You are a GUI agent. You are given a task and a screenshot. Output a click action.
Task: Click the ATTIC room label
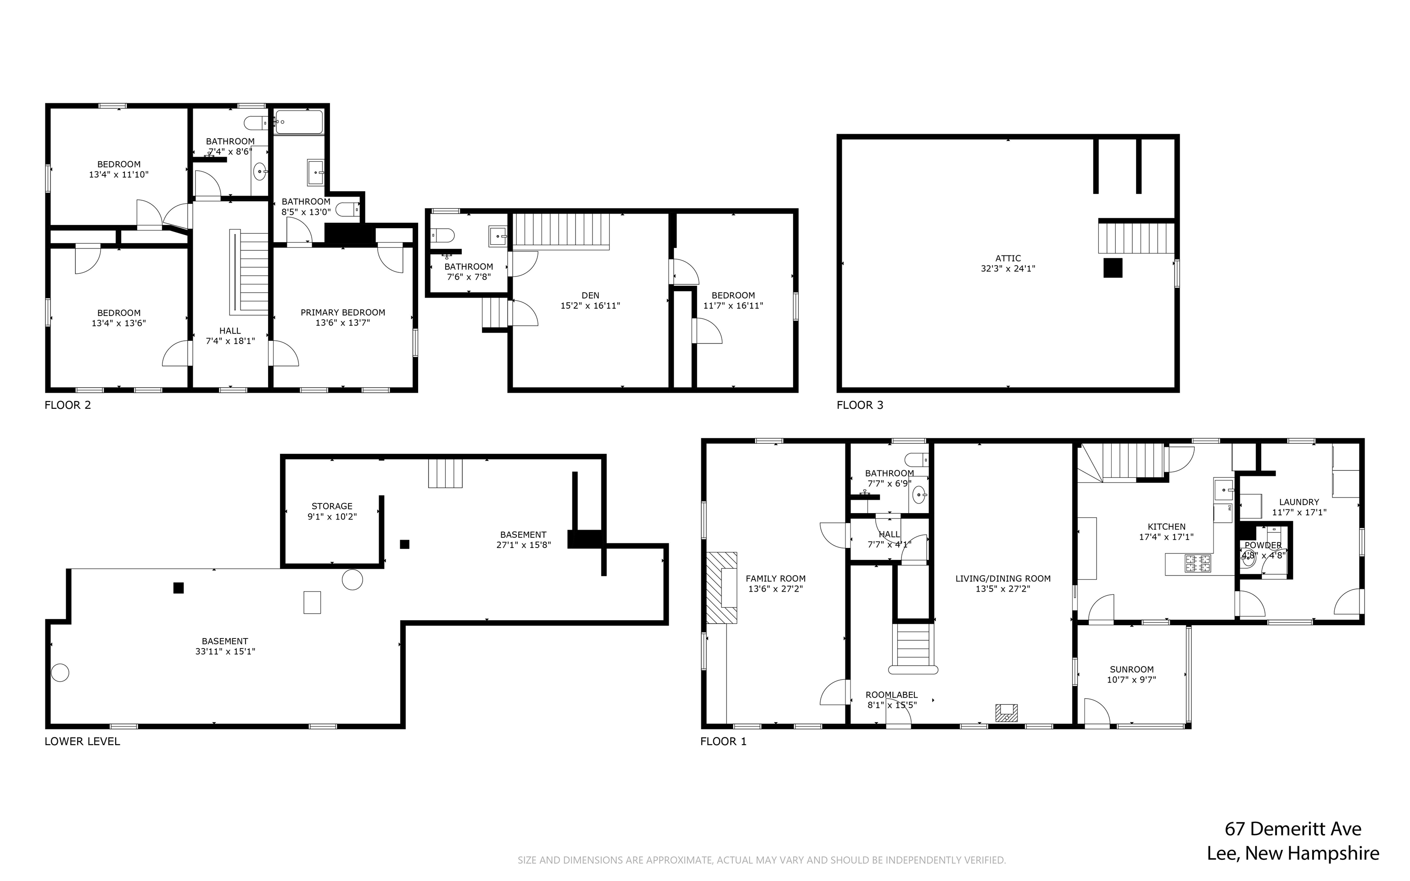point(1008,258)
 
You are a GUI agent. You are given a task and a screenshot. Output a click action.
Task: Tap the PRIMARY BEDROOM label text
point(342,312)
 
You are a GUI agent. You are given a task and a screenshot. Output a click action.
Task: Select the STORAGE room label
point(332,506)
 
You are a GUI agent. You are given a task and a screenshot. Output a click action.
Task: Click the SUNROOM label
point(1131,670)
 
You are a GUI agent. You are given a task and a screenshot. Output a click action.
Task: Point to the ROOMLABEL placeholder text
point(891,695)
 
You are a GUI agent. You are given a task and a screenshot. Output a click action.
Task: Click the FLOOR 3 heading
point(859,405)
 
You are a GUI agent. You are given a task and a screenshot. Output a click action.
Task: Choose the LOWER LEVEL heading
point(82,741)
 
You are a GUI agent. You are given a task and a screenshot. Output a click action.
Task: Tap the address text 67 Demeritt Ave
point(1293,829)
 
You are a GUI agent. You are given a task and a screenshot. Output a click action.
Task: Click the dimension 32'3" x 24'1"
point(1008,269)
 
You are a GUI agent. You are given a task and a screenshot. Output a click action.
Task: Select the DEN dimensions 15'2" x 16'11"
point(590,305)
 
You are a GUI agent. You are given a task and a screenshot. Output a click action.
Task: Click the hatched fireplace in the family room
point(722,588)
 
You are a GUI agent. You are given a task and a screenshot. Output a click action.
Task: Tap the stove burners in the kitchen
point(1198,563)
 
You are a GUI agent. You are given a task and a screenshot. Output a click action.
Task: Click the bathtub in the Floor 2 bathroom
point(299,122)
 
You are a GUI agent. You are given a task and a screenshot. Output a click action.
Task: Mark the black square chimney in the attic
point(1113,267)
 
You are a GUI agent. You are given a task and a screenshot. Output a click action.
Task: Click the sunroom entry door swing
point(1096,712)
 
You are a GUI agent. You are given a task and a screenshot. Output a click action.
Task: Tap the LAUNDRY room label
point(1299,502)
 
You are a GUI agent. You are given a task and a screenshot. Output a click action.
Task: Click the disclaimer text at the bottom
point(761,860)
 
